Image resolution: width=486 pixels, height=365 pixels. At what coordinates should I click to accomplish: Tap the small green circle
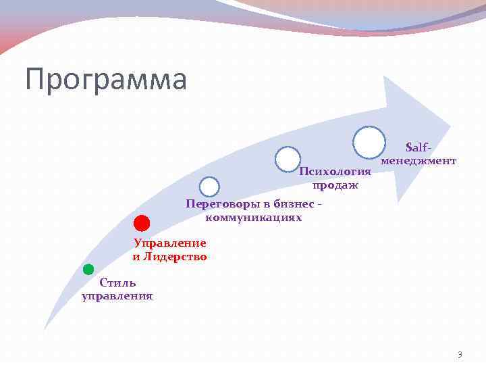click(x=88, y=269)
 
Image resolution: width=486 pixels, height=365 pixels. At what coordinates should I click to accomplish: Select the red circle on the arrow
click(x=141, y=223)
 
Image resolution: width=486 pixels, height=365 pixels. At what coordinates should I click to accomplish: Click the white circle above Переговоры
click(x=210, y=187)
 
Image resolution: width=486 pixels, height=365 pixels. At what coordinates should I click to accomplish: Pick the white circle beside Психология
click(x=288, y=158)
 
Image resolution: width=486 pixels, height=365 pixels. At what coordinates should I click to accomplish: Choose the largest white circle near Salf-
click(x=369, y=142)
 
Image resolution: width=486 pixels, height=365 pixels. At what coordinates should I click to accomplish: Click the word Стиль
click(x=117, y=283)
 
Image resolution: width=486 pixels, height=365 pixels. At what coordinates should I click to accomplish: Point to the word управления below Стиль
click(x=117, y=295)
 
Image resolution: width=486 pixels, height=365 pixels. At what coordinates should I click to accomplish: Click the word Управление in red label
click(x=170, y=243)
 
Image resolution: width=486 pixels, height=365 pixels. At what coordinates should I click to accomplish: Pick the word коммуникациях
click(x=253, y=218)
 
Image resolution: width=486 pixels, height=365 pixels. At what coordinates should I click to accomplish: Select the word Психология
click(x=335, y=171)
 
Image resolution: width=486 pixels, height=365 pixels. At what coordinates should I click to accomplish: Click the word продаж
click(x=335, y=185)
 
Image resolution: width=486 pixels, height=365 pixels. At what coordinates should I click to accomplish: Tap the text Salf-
click(x=418, y=147)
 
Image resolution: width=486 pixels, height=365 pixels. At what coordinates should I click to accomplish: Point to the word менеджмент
click(x=418, y=161)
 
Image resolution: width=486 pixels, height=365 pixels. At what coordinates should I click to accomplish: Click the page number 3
click(x=460, y=354)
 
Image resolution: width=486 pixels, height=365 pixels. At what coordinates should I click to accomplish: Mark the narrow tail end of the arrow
click(x=46, y=328)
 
